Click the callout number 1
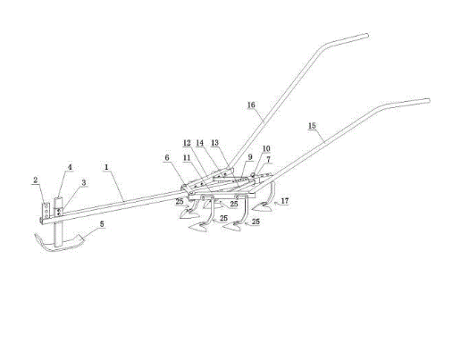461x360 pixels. click(106, 168)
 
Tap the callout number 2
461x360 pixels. click(36, 180)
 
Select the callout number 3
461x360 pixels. click(84, 182)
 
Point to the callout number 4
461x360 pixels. click(70, 167)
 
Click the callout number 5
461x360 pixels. click(102, 224)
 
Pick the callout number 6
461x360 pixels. click(167, 157)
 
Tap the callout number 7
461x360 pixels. click(268, 159)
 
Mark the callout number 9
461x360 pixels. click(250, 156)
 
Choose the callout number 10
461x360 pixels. click(266, 148)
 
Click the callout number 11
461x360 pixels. click(187, 157)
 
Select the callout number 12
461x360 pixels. click(187, 143)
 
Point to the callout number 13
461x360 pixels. click(214, 143)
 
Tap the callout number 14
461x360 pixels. click(200, 143)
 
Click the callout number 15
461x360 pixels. click(312, 126)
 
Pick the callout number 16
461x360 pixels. click(251, 105)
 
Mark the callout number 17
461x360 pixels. click(285, 201)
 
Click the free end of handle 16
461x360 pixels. click(367, 36)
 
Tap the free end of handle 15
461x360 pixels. click(429, 101)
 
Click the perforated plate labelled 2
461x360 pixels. click(46, 210)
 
